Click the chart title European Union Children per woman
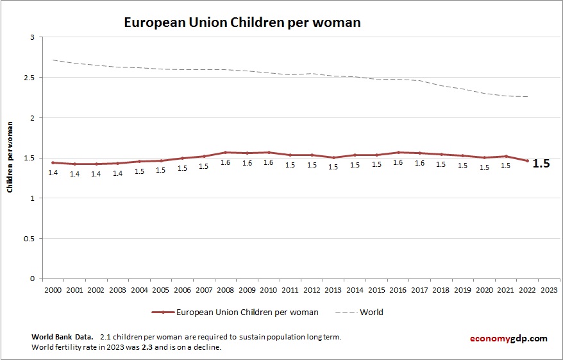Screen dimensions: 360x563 (x=242, y=22)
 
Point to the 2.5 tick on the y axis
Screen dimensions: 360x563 (x=29, y=78)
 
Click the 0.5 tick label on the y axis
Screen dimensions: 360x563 (x=29, y=239)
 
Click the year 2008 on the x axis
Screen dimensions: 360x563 (x=225, y=289)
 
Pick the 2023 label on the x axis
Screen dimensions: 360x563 (x=549, y=289)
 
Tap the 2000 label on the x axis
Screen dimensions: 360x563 (x=53, y=289)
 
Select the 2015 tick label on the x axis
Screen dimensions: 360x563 (x=376, y=289)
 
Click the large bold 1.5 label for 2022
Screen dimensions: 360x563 (x=541, y=164)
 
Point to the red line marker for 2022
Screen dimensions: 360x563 (x=527, y=161)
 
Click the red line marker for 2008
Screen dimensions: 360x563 (x=225, y=153)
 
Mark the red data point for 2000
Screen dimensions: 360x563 (x=53, y=162)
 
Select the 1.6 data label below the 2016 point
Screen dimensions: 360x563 (x=398, y=163)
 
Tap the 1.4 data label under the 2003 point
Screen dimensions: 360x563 (x=117, y=174)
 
